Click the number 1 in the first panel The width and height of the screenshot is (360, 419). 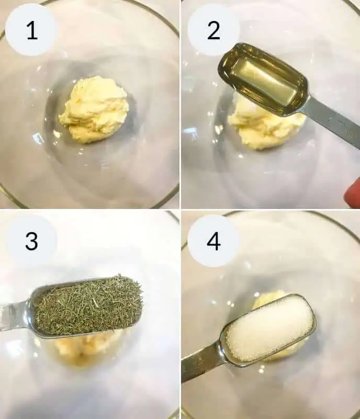[32, 30]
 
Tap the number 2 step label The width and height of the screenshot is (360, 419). [213, 30]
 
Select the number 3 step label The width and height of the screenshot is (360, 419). [31, 241]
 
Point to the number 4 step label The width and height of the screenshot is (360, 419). [213, 241]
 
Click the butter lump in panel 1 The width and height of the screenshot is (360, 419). [94, 109]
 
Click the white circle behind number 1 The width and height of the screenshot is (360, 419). [31, 29]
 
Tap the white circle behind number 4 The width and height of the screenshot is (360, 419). [213, 240]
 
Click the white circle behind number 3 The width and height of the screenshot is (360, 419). [31, 240]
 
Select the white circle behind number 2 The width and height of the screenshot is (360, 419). [213, 29]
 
